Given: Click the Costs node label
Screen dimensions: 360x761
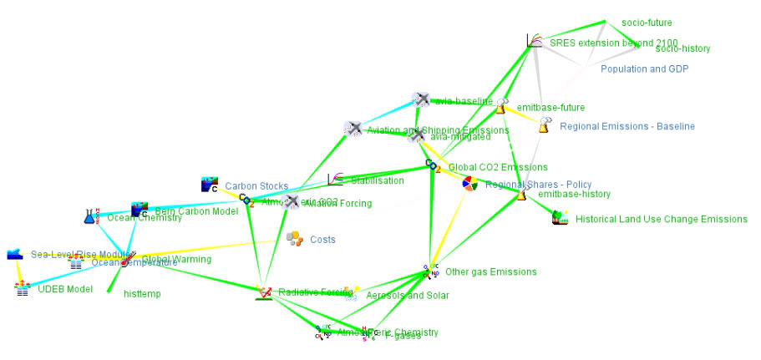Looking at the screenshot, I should coord(322,240).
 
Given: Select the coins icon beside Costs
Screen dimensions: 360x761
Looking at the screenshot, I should coord(294,240).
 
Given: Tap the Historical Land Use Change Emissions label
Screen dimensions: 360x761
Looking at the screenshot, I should coord(661,219).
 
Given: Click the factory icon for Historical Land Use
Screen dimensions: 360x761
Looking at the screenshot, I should coord(560,218).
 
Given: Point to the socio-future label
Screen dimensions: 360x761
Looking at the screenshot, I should coord(647,23).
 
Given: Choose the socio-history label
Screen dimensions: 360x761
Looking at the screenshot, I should coord(682,48).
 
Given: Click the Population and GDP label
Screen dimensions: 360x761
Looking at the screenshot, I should coord(644,68).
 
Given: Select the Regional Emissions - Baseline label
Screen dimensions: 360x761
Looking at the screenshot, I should coord(627,126).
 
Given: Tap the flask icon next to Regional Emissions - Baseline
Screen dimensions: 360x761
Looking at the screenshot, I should coord(545,124).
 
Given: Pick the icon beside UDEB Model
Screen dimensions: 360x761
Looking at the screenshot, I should coord(23,289).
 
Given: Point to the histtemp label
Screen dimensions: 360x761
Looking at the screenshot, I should coord(142,294).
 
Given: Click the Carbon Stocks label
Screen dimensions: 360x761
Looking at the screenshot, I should coord(256,185).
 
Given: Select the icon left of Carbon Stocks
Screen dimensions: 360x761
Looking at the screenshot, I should coord(210,185).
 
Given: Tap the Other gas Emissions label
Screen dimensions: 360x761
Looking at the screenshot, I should coord(490,271).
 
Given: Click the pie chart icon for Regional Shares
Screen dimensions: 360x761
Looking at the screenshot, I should coord(469,184).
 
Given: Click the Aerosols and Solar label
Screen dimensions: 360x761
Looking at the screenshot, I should coord(407,295).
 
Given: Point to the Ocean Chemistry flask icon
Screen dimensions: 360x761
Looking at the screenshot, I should coord(91,217).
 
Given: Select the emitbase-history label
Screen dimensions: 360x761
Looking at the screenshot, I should coord(574,194).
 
